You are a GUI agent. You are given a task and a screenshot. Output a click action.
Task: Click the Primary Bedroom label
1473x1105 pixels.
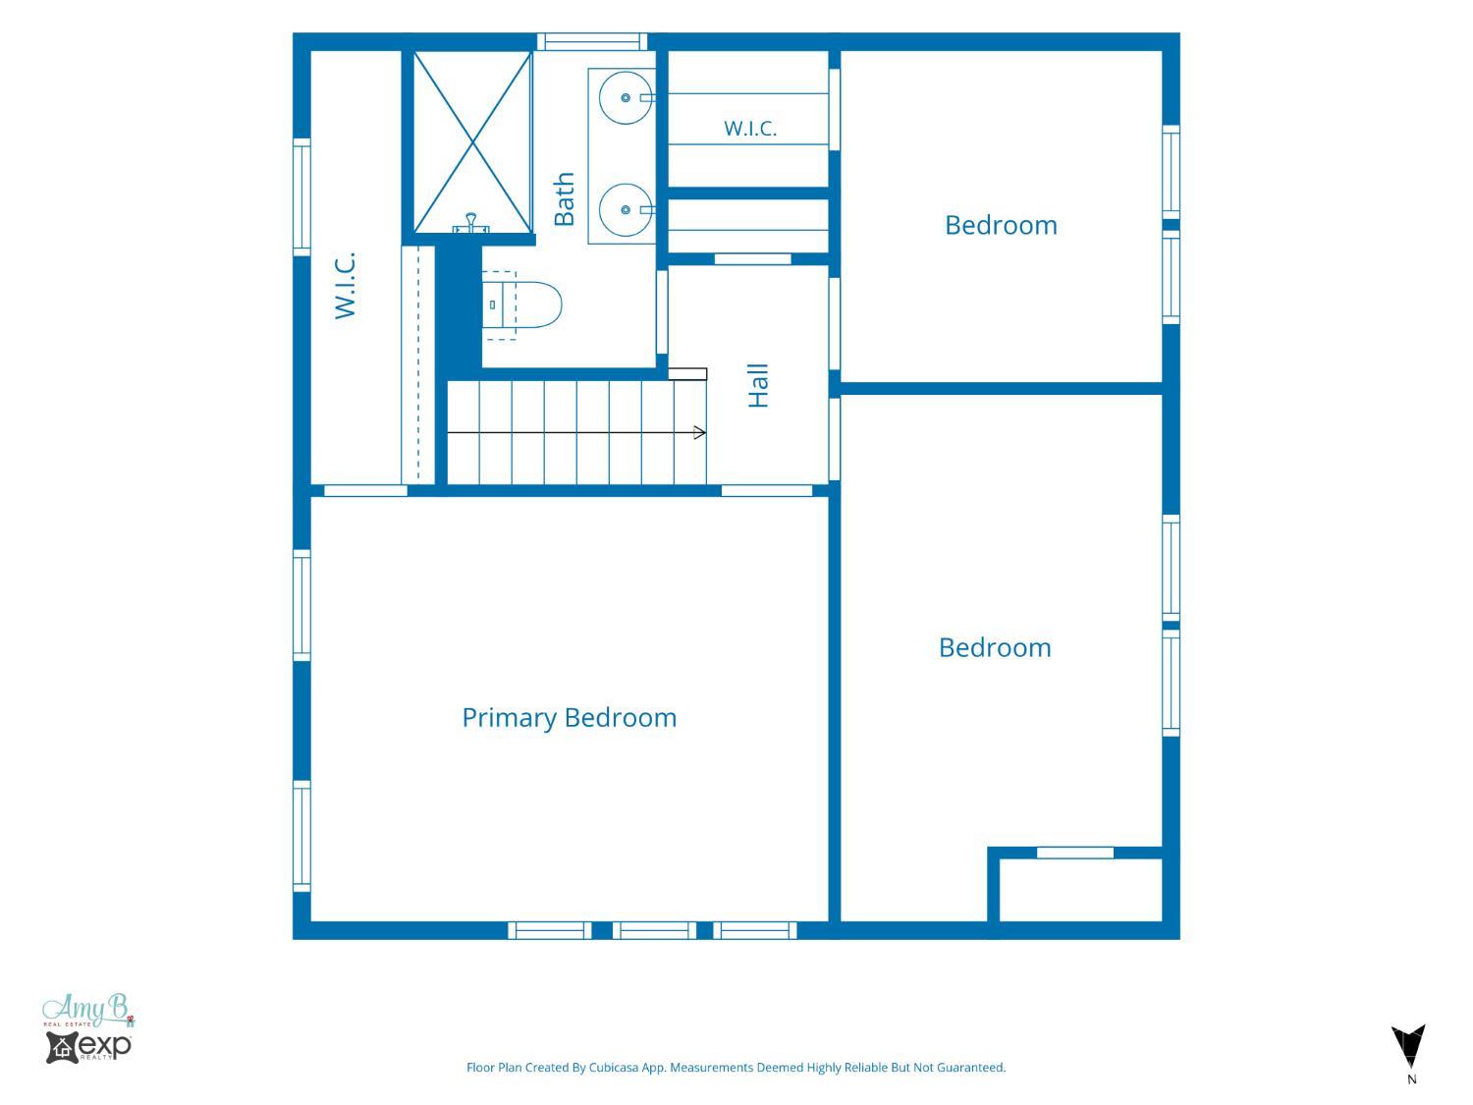pos(569,719)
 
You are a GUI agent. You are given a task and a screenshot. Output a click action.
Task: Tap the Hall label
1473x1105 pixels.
pos(758,386)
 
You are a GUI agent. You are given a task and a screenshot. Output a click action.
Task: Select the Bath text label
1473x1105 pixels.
pos(564,198)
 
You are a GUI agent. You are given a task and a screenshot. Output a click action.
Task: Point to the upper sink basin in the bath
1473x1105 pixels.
pos(626,98)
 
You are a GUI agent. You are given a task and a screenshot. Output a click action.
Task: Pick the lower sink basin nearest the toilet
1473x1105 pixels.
pos(626,210)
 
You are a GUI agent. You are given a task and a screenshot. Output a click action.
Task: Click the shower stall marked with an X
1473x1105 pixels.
pos(473,142)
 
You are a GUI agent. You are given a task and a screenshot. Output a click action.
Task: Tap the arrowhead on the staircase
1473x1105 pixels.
pos(699,433)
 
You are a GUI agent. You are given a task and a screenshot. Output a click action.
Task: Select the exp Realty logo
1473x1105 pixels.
pos(88,1047)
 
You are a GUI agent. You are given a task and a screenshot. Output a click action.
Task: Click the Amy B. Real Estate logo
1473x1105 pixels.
pos(88,1011)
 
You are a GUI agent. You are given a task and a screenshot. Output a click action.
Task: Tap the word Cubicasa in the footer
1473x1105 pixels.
pos(614,1068)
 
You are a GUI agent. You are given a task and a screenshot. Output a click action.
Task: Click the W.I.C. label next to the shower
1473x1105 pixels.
pos(345,285)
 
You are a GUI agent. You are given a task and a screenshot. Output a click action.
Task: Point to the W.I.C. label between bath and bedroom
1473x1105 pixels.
pos(750,128)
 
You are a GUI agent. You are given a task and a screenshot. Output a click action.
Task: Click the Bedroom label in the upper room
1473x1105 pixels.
pos(1001,226)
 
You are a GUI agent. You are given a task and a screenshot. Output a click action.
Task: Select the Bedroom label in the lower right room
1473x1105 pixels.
pos(995,648)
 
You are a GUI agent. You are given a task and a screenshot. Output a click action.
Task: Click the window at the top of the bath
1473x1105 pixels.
pos(592,41)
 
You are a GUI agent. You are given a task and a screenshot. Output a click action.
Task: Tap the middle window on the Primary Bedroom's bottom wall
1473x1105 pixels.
pos(654,930)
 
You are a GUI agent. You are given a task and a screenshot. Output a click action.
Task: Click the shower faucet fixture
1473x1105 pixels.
pos(471,223)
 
